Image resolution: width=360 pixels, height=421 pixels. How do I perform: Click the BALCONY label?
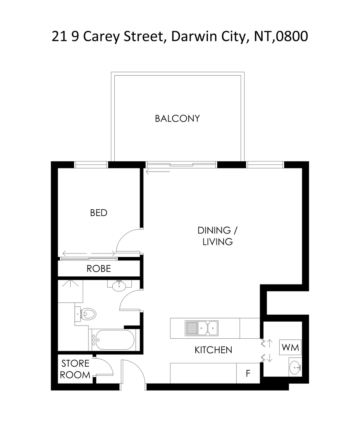click(x=177, y=119)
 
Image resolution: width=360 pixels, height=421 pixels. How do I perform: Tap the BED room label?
click(x=99, y=213)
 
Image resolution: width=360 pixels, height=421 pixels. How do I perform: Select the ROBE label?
click(x=99, y=269)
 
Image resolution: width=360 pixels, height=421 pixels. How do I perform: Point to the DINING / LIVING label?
click(x=217, y=236)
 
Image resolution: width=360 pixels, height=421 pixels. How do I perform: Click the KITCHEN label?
click(x=213, y=350)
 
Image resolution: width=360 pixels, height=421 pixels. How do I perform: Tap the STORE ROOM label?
click(x=75, y=369)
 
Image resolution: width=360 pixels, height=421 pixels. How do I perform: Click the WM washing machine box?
click(x=290, y=347)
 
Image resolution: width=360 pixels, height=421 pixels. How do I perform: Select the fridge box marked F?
click(x=248, y=373)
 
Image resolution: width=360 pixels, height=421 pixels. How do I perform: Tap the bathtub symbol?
click(x=113, y=340)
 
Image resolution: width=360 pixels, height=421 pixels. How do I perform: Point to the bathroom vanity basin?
click(x=119, y=286)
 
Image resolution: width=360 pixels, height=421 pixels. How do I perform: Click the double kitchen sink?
click(x=202, y=328)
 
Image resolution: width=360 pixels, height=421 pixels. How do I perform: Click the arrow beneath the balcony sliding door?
click(x=158, y=170)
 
